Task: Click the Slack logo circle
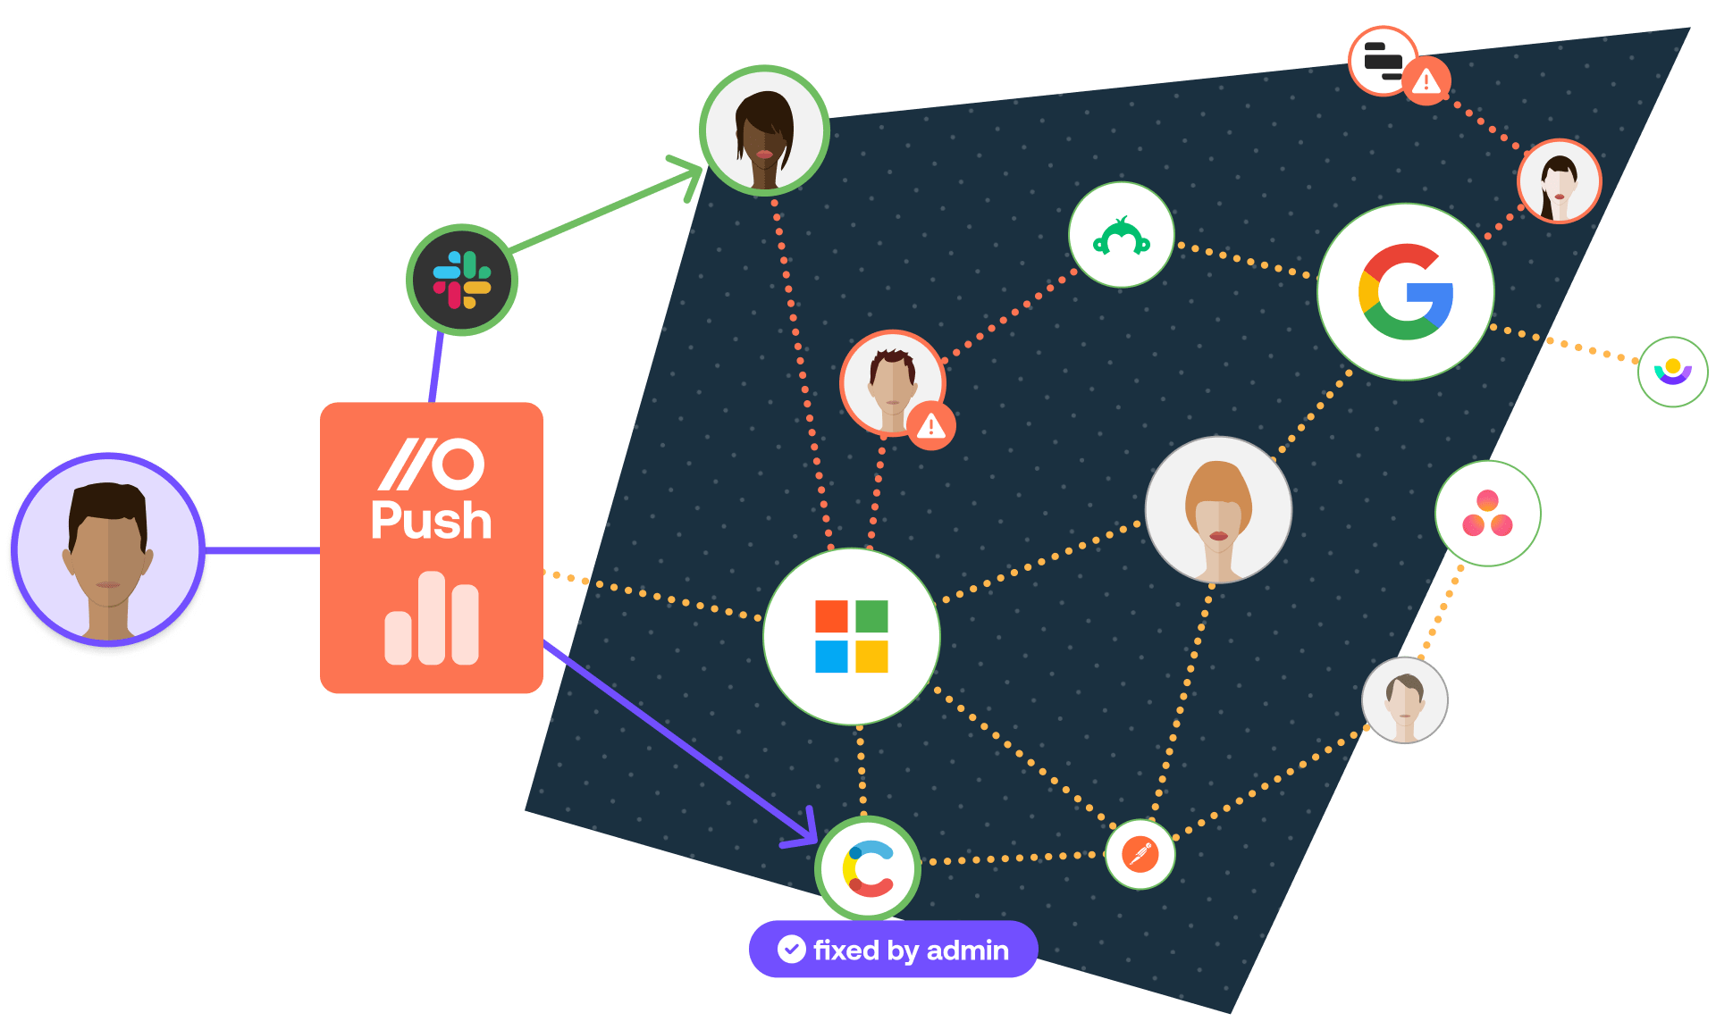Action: [462, 280]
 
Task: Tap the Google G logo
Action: [1405, 292]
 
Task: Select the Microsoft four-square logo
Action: [851, 636]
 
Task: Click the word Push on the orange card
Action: [431, 521]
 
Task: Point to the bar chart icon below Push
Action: [431, 619]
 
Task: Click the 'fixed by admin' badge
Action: [893, 950]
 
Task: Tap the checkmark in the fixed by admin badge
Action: [791, 949]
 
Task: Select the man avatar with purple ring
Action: [108, 550]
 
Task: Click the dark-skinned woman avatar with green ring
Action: [764, 130]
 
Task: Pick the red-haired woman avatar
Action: [1218, 509]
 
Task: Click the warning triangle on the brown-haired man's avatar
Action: [930, 426]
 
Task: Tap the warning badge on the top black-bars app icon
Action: [1426, 82]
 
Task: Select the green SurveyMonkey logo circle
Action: [1121, 236]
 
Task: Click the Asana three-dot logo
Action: [1487, 514]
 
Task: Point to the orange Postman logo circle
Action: [1140, 855]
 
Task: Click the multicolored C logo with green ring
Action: [868, 868]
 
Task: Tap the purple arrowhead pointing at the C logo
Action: [805, 830]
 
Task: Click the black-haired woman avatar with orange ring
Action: [1559, 181]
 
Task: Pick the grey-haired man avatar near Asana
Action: [1404, 700]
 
